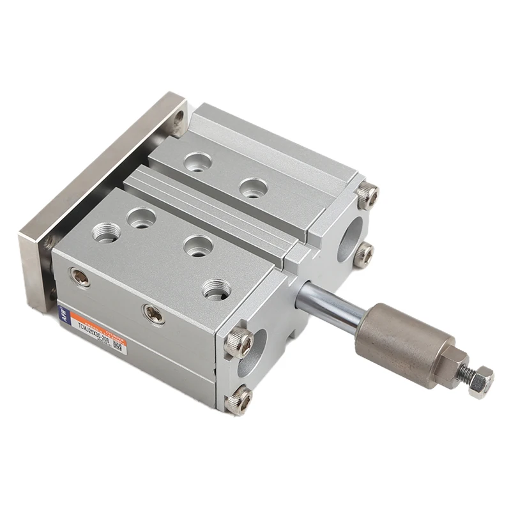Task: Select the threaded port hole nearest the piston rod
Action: pyautogui.click(x=217, y=289)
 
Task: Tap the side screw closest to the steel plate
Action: pyautogui.click(x=80, y=277)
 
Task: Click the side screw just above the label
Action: pyautogui.click(x=154, y=313)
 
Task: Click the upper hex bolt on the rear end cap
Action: pyautogui.click(x=368, y=195)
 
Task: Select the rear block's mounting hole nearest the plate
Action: pyautogui.click(x=197, y=162)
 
